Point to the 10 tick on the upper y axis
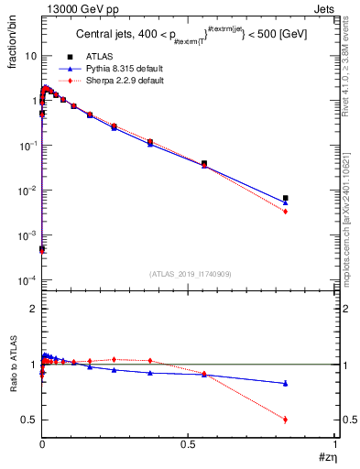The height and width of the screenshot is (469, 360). (30, 56)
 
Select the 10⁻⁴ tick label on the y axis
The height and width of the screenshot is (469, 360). (27, 280)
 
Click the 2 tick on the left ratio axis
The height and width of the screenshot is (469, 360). (33, 309)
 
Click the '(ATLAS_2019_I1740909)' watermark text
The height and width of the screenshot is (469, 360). (190, 274)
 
